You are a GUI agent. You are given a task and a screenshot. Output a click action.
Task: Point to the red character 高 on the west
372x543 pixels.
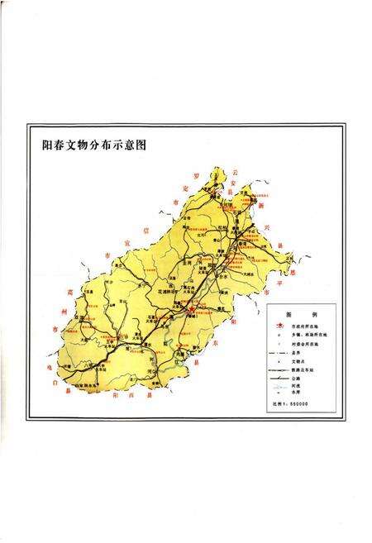coord(59,292)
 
